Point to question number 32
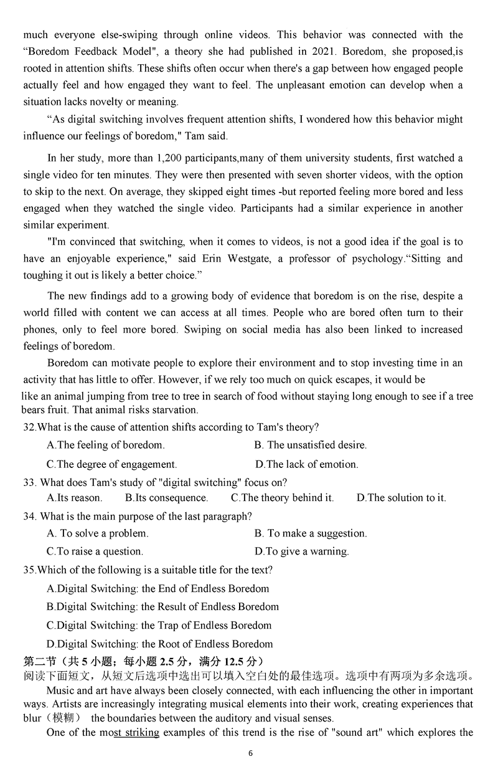[29, 427]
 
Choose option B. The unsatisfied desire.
[311, 445]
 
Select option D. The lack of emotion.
[307, 464]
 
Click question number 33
[29, 482]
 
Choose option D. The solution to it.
[401, 498]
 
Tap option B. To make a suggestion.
[311, 533]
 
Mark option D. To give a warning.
[302, 551]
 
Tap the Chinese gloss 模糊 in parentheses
[63, 718]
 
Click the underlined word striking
[142, 733]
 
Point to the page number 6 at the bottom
[250, 753]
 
